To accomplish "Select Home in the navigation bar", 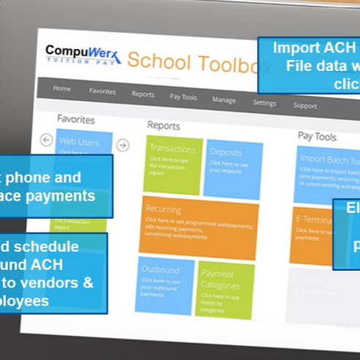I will coord(62,89).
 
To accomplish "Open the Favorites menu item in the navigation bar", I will coord(102,91).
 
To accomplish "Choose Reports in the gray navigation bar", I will coord(143,94).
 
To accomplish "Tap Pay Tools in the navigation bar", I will coord(183,97).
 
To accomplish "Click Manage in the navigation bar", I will coord(224,100).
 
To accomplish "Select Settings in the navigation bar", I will coord(264,102).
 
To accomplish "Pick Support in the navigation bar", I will coord(304,106).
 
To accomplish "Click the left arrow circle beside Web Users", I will coord(46,139).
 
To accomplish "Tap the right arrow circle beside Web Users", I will coord(123,145).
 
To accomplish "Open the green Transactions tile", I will coord(173,165).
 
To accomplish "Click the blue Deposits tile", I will coord(233,170).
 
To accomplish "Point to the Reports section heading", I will coord(163,125).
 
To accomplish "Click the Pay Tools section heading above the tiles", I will coord(316,136).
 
